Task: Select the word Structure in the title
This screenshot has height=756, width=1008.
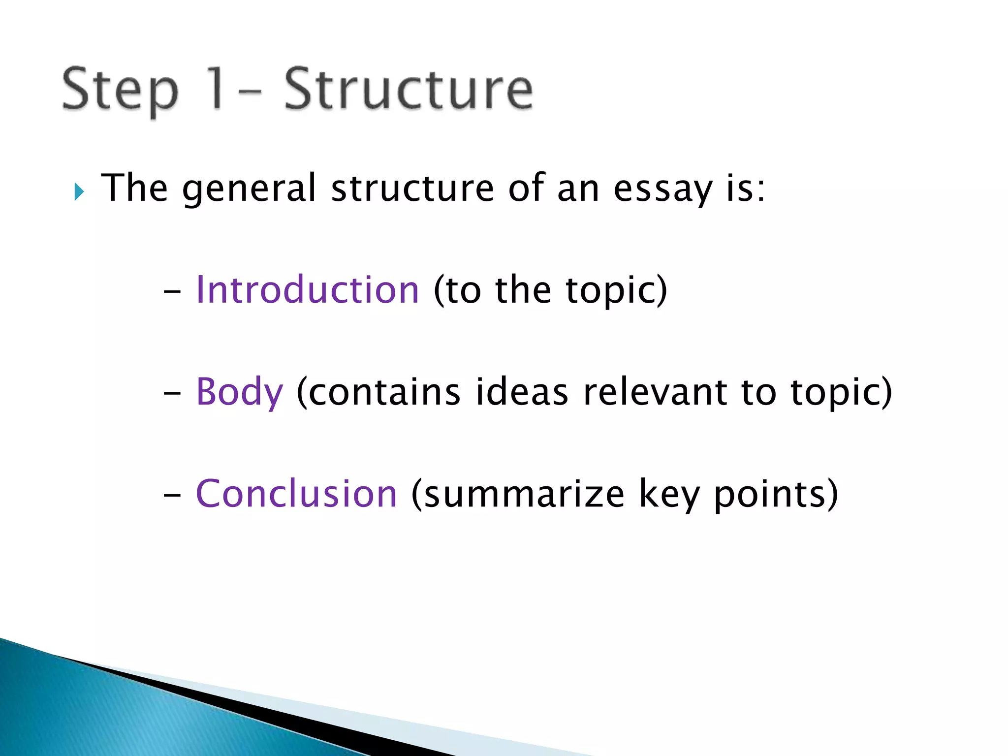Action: pyautogui.click(x=409, y=90)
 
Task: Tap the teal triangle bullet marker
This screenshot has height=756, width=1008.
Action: pyautogui.click(x=79, y=191)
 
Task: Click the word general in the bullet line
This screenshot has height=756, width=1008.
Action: pyautogui.click(x=249, y=189)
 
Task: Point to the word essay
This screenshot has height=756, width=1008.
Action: pyautogui.click(x=662, y=189)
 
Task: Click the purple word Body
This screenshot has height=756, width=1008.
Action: pyautogui.click(x=239, y=392)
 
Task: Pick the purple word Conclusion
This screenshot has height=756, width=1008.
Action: pyautogui.click(x=296, y=494)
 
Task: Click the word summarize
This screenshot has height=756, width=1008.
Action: pyautogui.click(x=524, y=495)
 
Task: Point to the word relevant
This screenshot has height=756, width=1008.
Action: pyautogui.click(x=655, y=392)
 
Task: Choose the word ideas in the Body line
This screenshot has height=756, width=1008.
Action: pyautogui.click(x=522, y=392)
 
